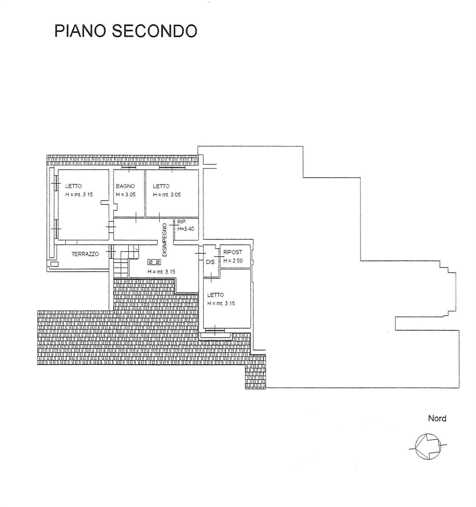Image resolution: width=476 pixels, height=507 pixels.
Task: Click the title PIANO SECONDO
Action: point(126,31)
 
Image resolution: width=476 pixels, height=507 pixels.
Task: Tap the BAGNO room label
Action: point(125,186)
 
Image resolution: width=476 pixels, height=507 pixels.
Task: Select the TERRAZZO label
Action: point(85,254)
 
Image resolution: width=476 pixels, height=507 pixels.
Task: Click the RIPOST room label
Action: point(233,252)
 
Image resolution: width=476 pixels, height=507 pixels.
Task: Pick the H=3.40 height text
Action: point(185,229)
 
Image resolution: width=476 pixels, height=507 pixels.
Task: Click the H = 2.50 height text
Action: point(233,261)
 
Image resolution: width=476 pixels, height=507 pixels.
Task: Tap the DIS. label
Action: point(211,262)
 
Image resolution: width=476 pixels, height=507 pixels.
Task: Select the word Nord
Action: point(437,419)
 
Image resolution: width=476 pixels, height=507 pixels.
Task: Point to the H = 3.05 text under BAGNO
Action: point(126,195)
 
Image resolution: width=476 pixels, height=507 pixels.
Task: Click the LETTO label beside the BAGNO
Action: point(161,186)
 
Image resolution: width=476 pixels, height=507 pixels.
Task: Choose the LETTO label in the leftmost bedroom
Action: point(73,186)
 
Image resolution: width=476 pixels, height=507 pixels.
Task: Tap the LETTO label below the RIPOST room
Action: point(215,295)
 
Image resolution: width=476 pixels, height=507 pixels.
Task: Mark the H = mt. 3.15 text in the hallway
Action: point(161,271)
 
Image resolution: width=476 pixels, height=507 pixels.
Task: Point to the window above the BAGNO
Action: point(129,167)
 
